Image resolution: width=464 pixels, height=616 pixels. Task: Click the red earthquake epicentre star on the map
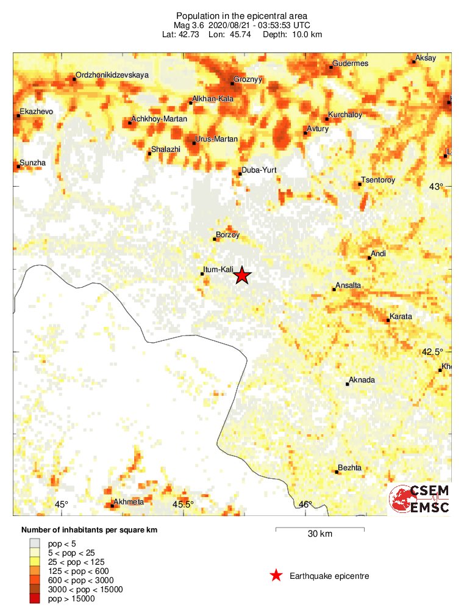click(x=242, y=276)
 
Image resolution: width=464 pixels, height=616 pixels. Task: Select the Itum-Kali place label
click(x=218, y=270)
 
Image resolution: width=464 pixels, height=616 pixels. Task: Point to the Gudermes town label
click(x=351, y=63)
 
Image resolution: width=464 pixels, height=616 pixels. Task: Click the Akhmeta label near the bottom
click(x=129, y=501)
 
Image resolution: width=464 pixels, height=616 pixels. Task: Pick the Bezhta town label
click(x=349, y=468)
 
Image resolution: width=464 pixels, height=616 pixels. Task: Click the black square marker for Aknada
click(x=348, y=384)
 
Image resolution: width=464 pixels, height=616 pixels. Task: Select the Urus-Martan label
click(x=216, y=139)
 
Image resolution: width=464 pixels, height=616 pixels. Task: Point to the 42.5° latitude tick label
click(x=434, y=352)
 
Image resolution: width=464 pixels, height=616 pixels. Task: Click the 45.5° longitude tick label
click(x=183, y=504)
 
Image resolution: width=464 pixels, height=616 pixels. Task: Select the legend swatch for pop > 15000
click(x=34, y=599)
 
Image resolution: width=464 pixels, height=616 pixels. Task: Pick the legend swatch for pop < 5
click(x=34, y=543)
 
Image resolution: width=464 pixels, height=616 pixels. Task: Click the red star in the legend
click(x=276, y=575)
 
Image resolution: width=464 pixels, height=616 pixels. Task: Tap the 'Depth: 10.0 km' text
click(x=292, y=34)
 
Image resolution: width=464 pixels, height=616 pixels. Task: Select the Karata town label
click(x=401, y=317)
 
